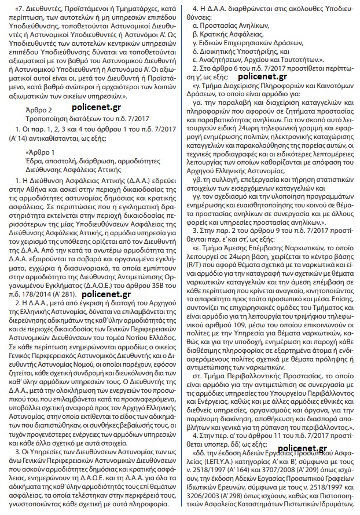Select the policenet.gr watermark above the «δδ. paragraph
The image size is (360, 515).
(302, 448)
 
